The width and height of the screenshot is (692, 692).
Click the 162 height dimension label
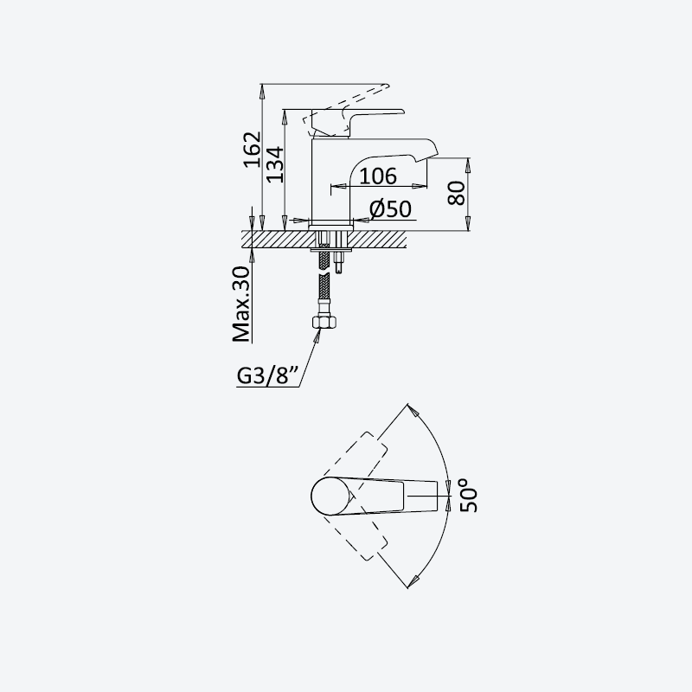point(253,150)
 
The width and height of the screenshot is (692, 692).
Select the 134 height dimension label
point(275,164)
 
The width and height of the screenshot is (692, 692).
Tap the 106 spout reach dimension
point(378,176)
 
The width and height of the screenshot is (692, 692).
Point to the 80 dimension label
point(457,193)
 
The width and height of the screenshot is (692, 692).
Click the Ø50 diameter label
point(391,208)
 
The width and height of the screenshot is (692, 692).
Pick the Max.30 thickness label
point(241,304)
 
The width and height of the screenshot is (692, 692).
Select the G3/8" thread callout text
point(269,376)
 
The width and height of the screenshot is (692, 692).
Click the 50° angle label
point(468,495)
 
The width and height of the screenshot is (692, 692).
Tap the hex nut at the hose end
point(322,322)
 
